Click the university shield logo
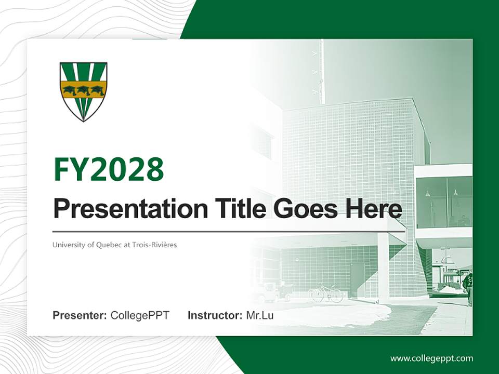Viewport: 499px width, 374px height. (x=83, y=91)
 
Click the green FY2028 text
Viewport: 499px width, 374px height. (x=109, y=169)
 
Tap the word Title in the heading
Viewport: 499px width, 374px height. (x=232, y=209)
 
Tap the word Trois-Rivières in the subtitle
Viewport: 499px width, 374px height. (x=154, y=245)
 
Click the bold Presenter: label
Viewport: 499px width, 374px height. (x=80, y=315)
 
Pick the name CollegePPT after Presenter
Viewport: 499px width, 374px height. (x=140, y=315)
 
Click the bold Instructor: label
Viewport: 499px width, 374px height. (x=215, y=315)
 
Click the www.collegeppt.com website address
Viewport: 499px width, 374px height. (x=431, y=358)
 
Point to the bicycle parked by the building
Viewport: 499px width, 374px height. (x=326, y=293)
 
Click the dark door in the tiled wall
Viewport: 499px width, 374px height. (x=357, y=280)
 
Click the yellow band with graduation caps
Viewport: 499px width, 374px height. (x=83, y=90)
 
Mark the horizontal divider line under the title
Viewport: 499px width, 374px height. (x=229, y=231)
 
